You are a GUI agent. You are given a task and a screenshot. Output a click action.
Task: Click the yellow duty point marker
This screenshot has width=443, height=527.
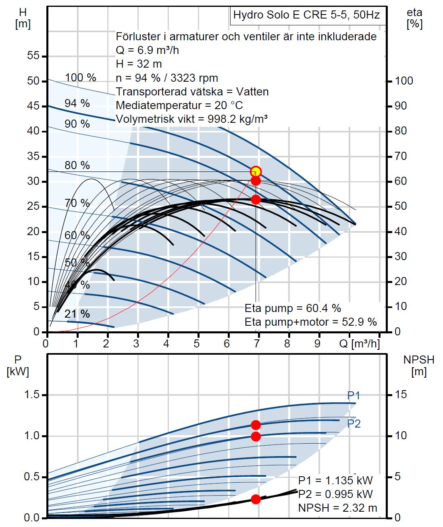tap(256, 172)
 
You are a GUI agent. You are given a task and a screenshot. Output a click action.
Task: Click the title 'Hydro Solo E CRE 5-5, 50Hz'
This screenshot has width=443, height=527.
tap(306, 15)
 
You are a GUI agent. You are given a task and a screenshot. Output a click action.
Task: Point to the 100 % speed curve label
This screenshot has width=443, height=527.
tap(81, 78)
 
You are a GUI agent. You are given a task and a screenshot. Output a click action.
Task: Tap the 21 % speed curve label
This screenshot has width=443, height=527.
tap(77, 314)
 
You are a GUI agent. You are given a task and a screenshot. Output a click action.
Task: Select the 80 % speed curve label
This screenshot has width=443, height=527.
tap(77, 165)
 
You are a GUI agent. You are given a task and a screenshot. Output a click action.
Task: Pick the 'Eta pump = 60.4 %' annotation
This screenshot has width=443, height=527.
tap(293, 308)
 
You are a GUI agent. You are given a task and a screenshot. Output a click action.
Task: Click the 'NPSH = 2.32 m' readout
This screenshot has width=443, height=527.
tap(337, 508)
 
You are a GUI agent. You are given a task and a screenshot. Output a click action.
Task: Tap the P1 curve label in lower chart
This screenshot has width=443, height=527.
tap(354, 395)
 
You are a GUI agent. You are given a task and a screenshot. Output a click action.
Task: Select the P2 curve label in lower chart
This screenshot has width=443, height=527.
tap(354, 424)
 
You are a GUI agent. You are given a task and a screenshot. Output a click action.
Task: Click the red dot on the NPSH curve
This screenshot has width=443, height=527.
tap(256, 499)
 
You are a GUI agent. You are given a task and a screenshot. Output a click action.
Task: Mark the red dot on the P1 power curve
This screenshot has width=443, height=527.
tap(256, 425)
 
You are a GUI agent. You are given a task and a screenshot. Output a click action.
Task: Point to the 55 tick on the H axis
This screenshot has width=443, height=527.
tap(34, 56)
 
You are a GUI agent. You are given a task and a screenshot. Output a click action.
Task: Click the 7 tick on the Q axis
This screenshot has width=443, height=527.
tap(258, 344)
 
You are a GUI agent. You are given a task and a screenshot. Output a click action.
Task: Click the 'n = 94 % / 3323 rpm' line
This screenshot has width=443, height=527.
tap(167, 78)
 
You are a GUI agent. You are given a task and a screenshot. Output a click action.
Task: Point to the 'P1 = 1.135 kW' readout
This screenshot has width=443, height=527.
tap(335, 480)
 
